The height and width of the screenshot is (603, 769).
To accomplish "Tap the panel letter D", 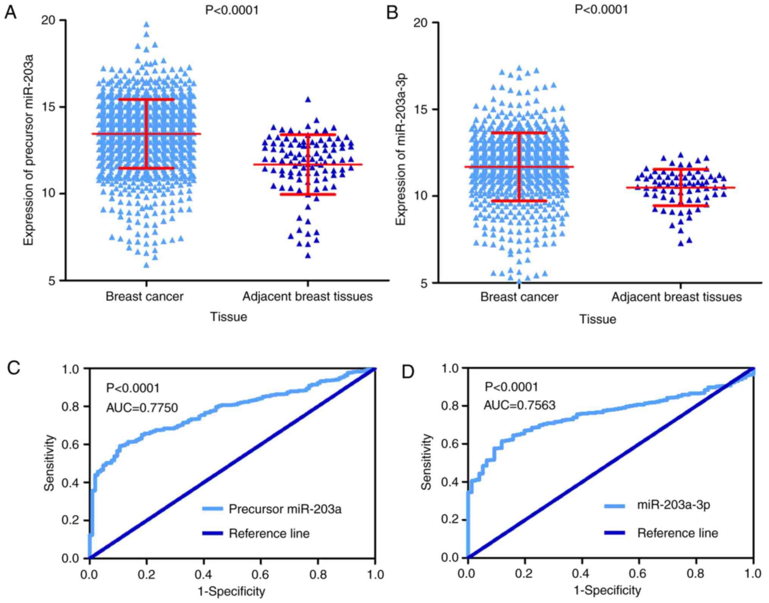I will (408, 372).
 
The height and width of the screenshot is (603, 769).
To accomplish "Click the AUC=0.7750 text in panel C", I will (142, 408).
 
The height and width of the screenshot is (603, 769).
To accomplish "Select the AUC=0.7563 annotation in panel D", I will (519, 405).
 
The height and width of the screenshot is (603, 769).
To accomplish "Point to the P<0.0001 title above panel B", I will (601, 9).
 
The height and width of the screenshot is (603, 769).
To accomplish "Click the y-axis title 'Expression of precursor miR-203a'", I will (29, 150).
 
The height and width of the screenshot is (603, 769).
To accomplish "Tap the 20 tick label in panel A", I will (48, 20).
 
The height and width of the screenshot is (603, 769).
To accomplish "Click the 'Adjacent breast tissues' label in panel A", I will (307, 296).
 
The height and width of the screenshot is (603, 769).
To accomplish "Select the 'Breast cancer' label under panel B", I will (519, 297).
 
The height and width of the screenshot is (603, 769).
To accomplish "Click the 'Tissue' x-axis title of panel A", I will (229, 317).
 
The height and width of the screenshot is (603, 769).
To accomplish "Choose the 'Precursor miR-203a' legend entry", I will (285, 509).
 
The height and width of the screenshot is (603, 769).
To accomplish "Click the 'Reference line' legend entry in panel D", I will (677, 533).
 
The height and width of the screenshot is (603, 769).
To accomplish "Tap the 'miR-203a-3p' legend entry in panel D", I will (674, 505).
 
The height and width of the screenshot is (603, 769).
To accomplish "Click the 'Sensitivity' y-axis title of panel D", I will (426, 462).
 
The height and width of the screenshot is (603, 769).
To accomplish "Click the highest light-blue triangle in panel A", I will (147, 25).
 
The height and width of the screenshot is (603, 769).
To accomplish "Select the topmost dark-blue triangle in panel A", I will (308, 100).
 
